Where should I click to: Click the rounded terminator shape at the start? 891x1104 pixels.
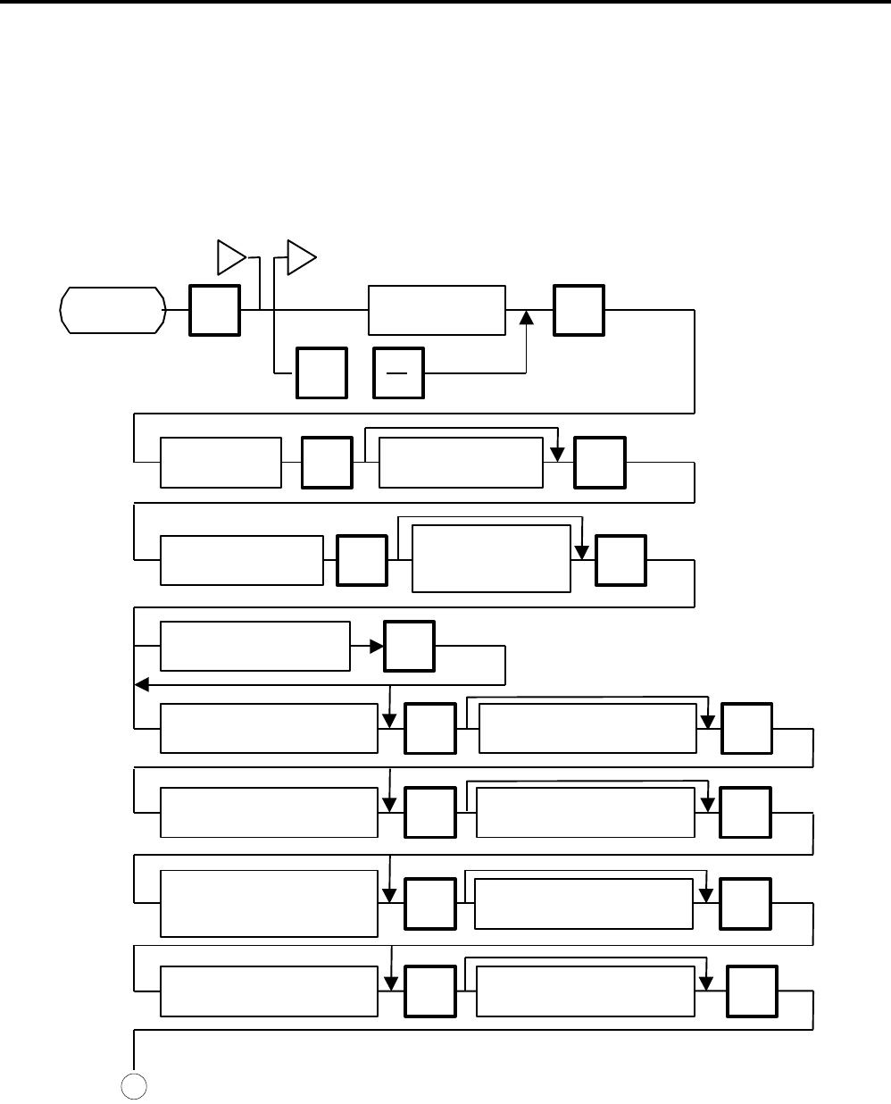tap(112, 310)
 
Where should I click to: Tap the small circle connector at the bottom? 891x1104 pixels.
tap(134, 1084)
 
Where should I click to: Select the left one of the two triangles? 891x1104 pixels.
tap(231, 258)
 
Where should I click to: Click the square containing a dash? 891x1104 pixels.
tap(399, 373)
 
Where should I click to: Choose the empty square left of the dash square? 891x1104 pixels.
tap(321, 373)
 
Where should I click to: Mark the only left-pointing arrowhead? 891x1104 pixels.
tap(140, 684)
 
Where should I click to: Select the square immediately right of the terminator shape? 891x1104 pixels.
tap(214, 310)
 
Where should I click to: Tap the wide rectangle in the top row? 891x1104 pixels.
tap(437, 310)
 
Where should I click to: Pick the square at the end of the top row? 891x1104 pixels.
tap(579, 310)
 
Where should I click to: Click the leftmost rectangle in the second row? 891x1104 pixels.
tap(221, 462)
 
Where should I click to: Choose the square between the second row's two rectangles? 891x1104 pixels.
tap(327, 462)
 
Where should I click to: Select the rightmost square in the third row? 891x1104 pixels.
tap(621, 560)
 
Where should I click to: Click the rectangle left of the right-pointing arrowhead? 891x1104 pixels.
tap(254, 645)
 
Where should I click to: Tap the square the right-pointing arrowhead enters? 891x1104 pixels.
tap(409, 645)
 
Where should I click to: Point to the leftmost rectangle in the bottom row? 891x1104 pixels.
tap(269, 991)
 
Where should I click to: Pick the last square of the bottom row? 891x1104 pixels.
tap(752, 991)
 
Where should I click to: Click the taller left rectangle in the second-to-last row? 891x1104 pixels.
tap(269, 903)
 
